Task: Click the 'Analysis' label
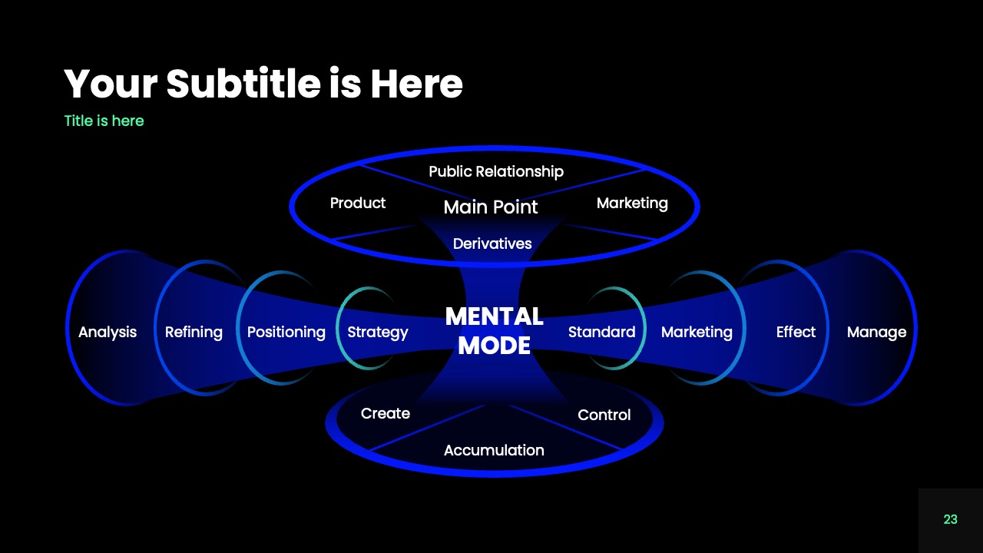pyautogui.click(x=108, y=332)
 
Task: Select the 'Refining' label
pyautogui.click(x=194, y=332)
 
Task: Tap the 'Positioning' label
pyautogui.click(x=286, y=332)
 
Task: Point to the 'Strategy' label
pyautogui.click(x=378, y=332)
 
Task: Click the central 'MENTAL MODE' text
pyautogui.click(x=494, y=331)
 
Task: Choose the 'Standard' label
pyautogui.click(x=601, y=332)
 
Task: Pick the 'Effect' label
pyautogui.click(x=796, y=332)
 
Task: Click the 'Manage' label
pyautogui.click(x=876, y=332)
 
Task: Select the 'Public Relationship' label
pyautogui.click(x=496, y=171)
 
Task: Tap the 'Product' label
pyautogui.click(x=358, y=203)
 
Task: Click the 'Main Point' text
pyautogui.click(x=491, y=207)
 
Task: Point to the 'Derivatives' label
pyautogui.click(x=492, y=243)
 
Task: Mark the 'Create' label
pyautogui.click(x=386, y=413)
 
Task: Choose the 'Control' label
pyautogui.click(x=604, y=415)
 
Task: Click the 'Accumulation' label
pyautogui.click(x=494, y=450)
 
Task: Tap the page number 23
pyautogui.click(x=950, y=519)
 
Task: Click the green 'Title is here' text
pyautogui.click(x=104, y=121)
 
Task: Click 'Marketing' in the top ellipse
pyautogui.click(x=632, y=203)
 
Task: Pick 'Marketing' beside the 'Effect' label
pyautogui.click(x=697, y=332)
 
